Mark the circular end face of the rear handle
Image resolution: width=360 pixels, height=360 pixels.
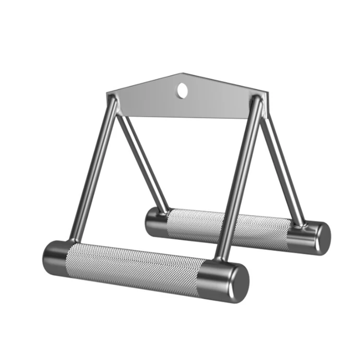[322, 239]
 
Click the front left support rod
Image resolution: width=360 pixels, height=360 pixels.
[94, 173]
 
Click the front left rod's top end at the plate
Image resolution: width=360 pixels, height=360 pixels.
[114, 101]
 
